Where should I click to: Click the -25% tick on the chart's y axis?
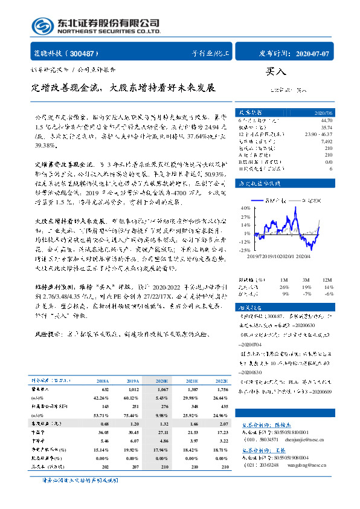click(x=245, y=250)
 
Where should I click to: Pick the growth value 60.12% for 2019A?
click(x=130, y=398)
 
